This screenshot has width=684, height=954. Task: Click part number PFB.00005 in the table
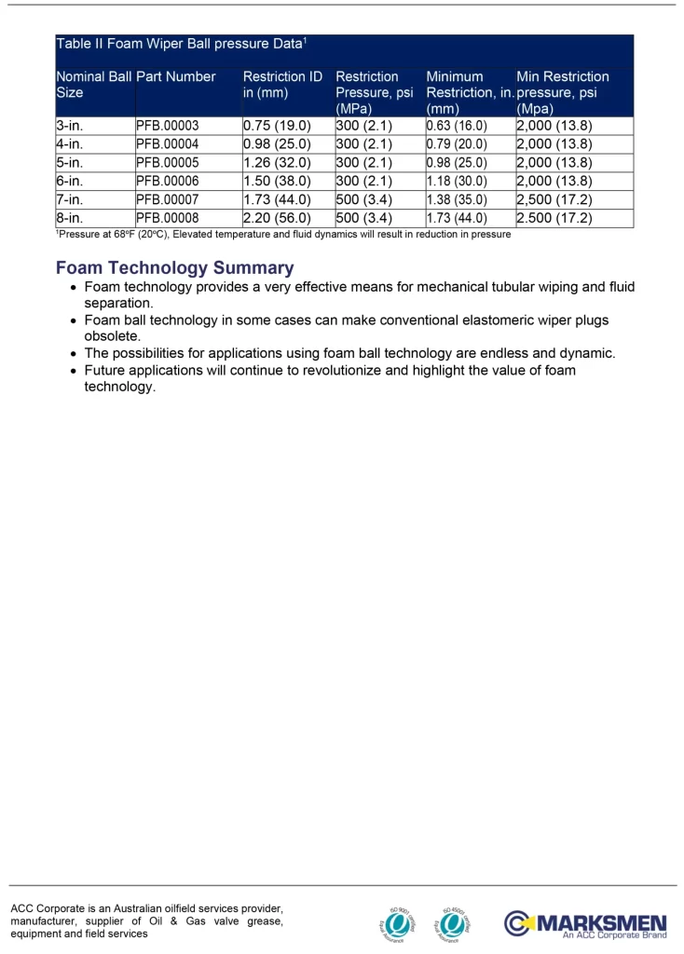click(167, 162)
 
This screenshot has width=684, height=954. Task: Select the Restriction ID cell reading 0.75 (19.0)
click(277, 126)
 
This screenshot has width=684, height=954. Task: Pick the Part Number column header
click(176, 77)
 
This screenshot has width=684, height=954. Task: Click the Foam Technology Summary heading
click(174, 268)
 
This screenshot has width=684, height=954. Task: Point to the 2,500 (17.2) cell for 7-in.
click(554, 199)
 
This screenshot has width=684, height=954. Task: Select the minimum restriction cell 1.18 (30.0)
click(457, 181)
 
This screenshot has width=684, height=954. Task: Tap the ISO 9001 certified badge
click(399, 922)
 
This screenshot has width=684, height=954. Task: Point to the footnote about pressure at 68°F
click(283, 235)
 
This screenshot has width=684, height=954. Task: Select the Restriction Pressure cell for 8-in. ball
click(363, 218)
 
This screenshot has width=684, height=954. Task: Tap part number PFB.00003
click(167, 126)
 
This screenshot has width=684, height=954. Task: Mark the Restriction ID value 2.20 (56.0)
click(277, 218)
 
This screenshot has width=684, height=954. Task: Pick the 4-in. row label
click(70, 144)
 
